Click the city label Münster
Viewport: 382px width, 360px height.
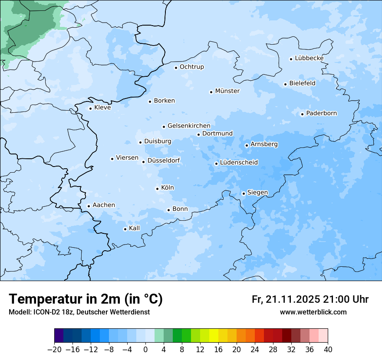coord(227,91)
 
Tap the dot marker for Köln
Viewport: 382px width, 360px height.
coord(157,189)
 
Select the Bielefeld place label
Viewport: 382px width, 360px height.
coord(302,83)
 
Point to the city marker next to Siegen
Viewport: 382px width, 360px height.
coord(244,193)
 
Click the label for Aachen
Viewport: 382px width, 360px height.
coord(104,205)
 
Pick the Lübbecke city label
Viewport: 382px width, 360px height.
coord(309,58)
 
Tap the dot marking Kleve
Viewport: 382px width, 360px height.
coord(90,108)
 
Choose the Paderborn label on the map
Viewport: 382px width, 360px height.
coord(321,114)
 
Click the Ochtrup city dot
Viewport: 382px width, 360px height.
coord(176,68)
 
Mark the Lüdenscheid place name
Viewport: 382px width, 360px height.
coord(239,163)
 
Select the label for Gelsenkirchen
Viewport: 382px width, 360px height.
coord(189,126)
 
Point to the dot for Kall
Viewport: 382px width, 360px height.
coord(125,229)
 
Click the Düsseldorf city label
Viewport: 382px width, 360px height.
coord(164,160)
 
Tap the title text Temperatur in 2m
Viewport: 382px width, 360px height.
coord(86,299)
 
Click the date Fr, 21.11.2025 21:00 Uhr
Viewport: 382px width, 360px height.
coord(310,299)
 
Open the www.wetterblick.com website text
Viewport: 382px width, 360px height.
coord(313,312)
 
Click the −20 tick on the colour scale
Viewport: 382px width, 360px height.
coord(55,350)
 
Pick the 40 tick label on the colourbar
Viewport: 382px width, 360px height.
coord(328,350)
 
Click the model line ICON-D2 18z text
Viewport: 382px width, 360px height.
coord(79,312)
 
